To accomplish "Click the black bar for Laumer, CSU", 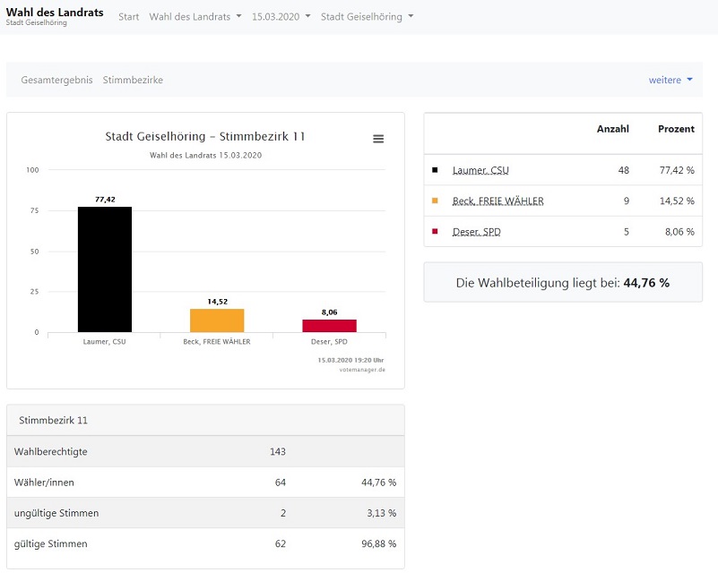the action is (x=105, y=269).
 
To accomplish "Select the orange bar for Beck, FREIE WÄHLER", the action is (x=217, y=320).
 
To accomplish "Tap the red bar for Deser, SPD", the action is (x=329, y=326).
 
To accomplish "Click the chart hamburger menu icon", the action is (x=378, y=139).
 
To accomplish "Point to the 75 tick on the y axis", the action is (x=34, y=210).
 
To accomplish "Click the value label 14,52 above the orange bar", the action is (x=218, y=302).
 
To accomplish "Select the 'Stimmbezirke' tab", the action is (x=133, y=80).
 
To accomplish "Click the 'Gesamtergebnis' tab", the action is (x=56, y=80).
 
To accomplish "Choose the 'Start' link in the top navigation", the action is (x=129, y=17).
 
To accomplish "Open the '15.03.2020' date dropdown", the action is (x=281, y=17).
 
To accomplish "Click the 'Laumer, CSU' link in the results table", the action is (x=480, y=170).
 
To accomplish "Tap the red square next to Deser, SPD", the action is (x=435, y=231).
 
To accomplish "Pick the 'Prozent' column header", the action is (x=676, y=129).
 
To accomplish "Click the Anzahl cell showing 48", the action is (x=624, y=170).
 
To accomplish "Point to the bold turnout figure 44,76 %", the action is (x=646, y=283).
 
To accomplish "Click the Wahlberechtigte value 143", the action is (x=278, y=451).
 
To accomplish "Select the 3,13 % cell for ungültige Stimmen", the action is (x=382, y=513).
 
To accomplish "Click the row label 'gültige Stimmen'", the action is (x=51, y=544).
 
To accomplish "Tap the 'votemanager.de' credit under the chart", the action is (x=362, y=370).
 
